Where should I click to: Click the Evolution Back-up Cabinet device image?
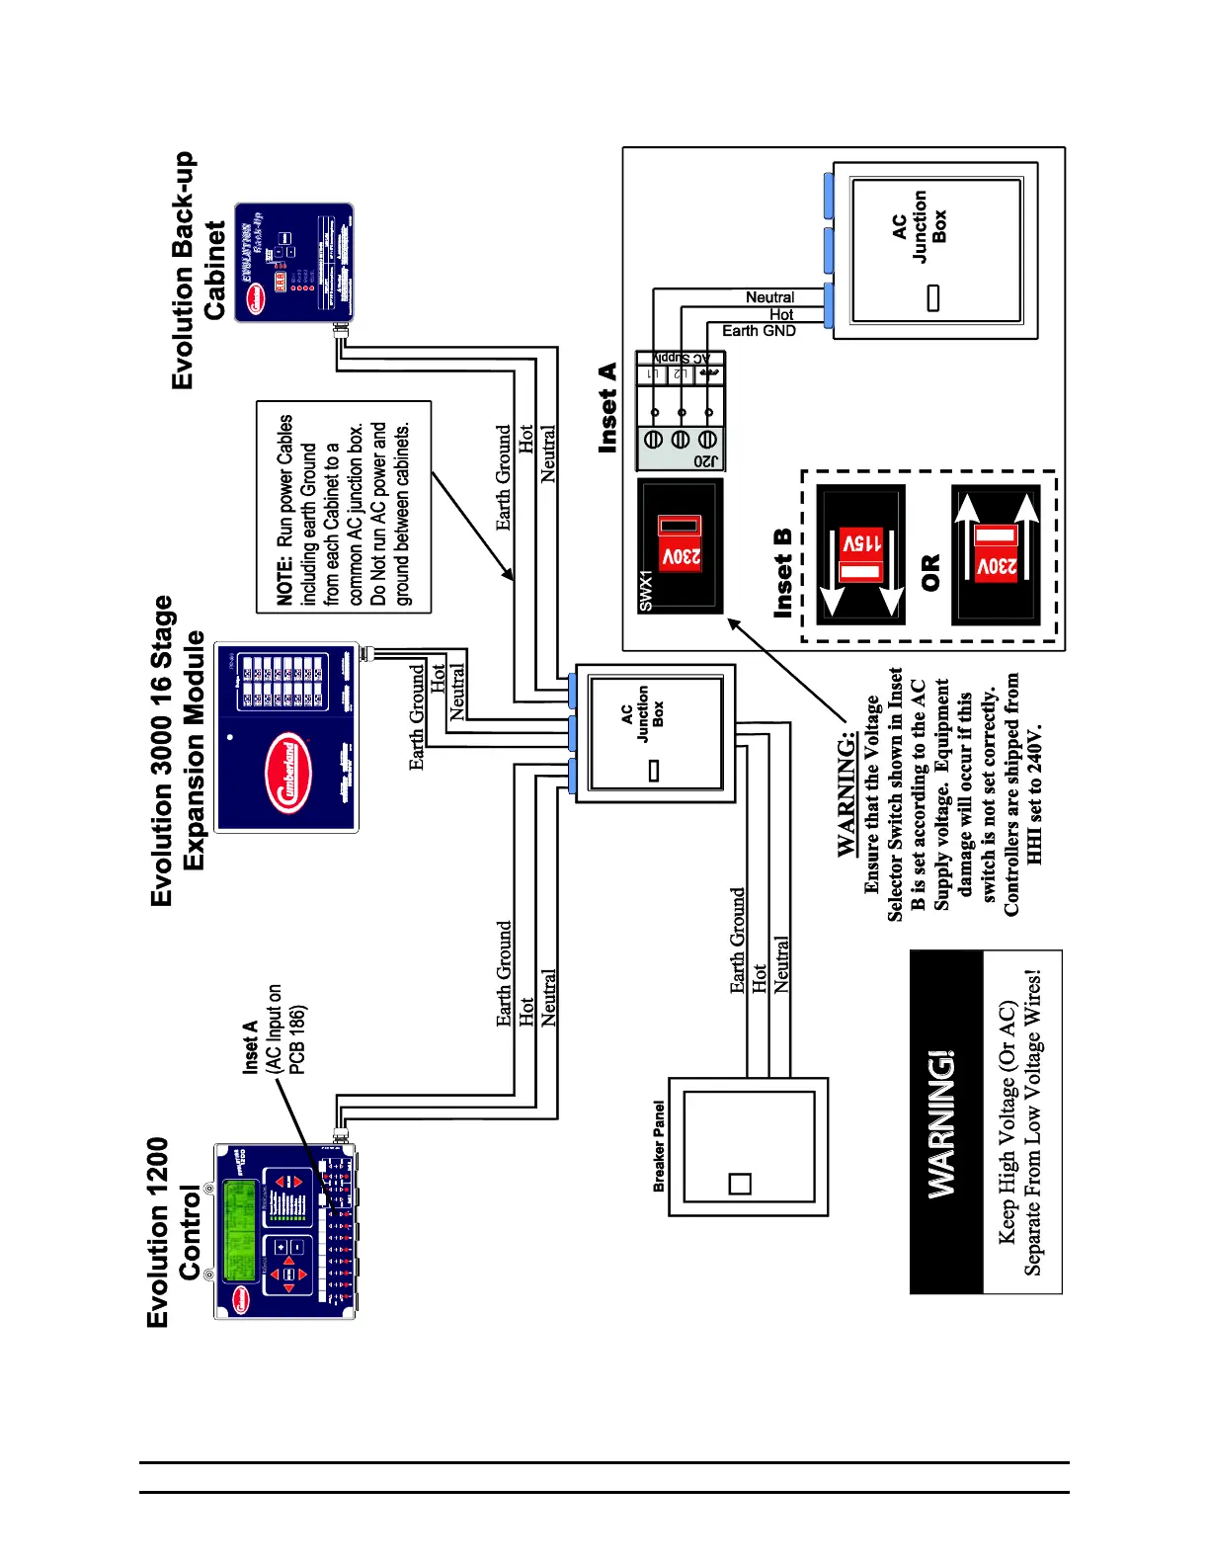pos(293,262)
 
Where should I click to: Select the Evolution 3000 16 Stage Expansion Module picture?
pos(286,737)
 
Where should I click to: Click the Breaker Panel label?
pos(659,1146)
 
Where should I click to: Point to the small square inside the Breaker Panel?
pos(739,1183)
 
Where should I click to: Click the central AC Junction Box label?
pos(642,714)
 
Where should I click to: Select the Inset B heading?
pos(783,574)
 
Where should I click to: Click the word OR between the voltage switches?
pos(930,573)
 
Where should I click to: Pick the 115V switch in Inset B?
pos(861,555)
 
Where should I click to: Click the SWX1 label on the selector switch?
pos(647,591)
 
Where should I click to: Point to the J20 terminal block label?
pos(707,461)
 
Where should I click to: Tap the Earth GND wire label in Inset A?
pos(759,331)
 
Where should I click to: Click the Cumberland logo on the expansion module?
pos(288,775)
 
